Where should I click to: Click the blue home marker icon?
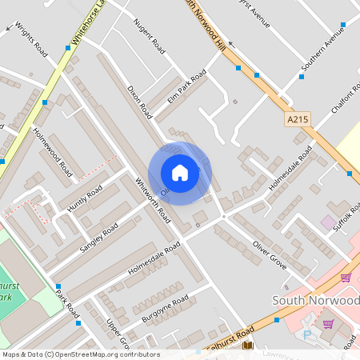(180, 172)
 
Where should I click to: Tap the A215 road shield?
(297, 118)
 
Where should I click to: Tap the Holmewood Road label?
(52, 151)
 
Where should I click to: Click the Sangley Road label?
(98, 239)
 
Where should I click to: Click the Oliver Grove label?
(270, 248)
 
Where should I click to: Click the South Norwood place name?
(315, 300)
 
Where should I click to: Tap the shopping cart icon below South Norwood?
(327, 324)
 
